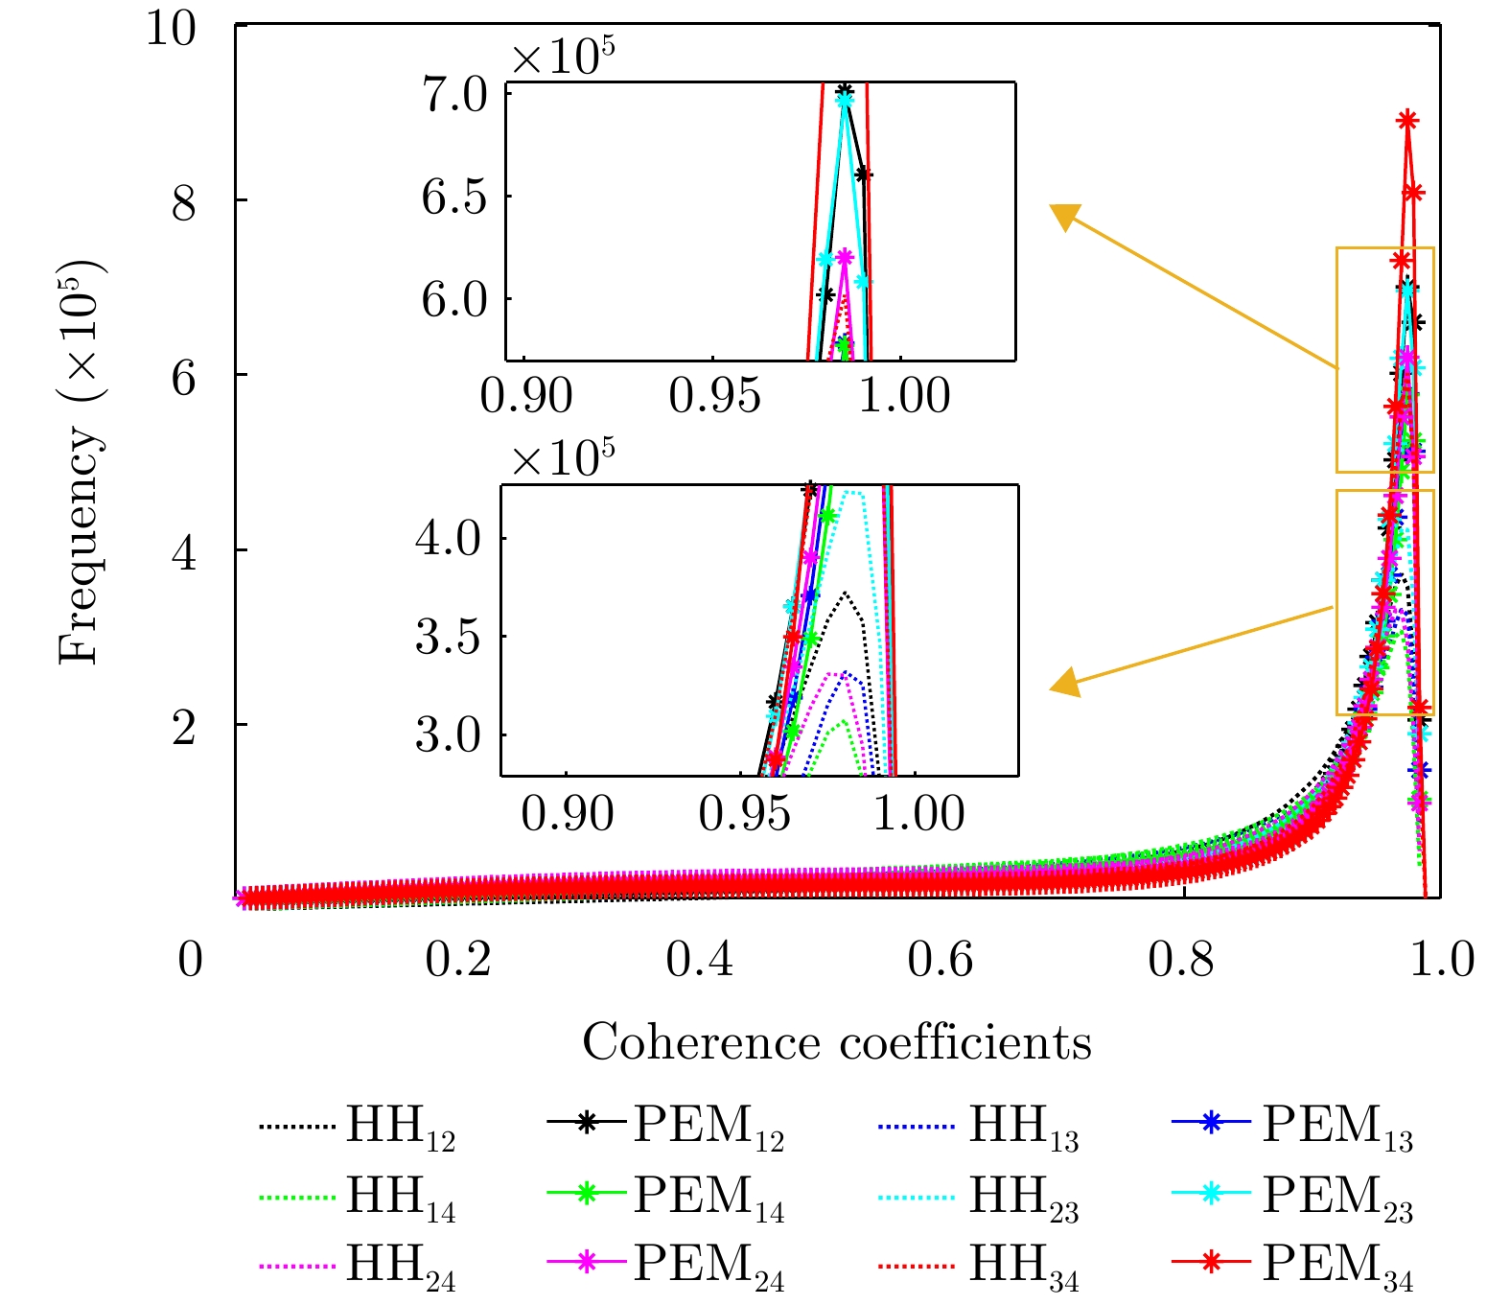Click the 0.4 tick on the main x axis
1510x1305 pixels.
700,959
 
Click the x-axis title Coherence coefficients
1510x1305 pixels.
837,1043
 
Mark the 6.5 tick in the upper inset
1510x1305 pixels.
453,198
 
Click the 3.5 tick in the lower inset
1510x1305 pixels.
448,637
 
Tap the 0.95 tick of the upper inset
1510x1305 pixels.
714,396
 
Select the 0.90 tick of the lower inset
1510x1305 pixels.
568,813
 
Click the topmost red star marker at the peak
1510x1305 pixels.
1407,121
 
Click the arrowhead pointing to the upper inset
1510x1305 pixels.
1065,217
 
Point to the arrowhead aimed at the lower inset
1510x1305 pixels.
1065,684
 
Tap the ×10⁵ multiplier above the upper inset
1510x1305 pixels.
563,58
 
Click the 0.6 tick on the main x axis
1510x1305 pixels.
941,959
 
